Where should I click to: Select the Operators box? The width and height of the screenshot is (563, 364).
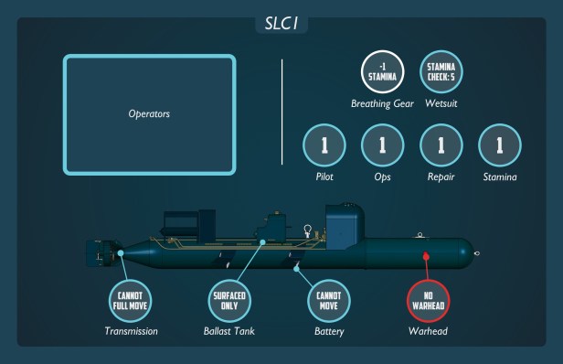click(x=150, y=114)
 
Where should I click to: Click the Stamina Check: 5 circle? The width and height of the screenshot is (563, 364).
click(x=441, y=71)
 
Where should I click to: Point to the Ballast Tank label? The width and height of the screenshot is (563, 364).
click(x=230, y=331)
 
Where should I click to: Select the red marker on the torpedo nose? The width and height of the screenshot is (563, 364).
click(x=425, y=255)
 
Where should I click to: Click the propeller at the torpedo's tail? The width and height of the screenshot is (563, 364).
click(x=94, y=253)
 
